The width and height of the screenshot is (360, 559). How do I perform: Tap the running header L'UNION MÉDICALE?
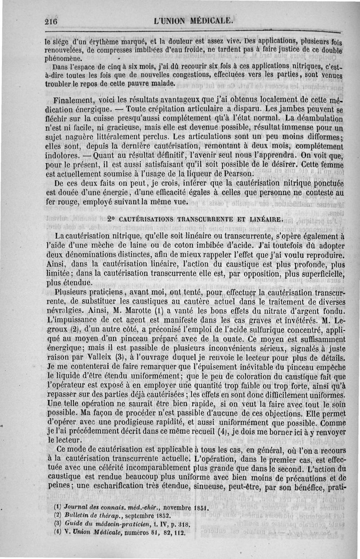pos(193,21)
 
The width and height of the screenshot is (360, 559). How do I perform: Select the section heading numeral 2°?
pos(112,220)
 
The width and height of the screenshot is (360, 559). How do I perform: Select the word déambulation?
pos(315,118)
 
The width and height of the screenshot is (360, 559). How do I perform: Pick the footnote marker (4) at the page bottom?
pos(57,532)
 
